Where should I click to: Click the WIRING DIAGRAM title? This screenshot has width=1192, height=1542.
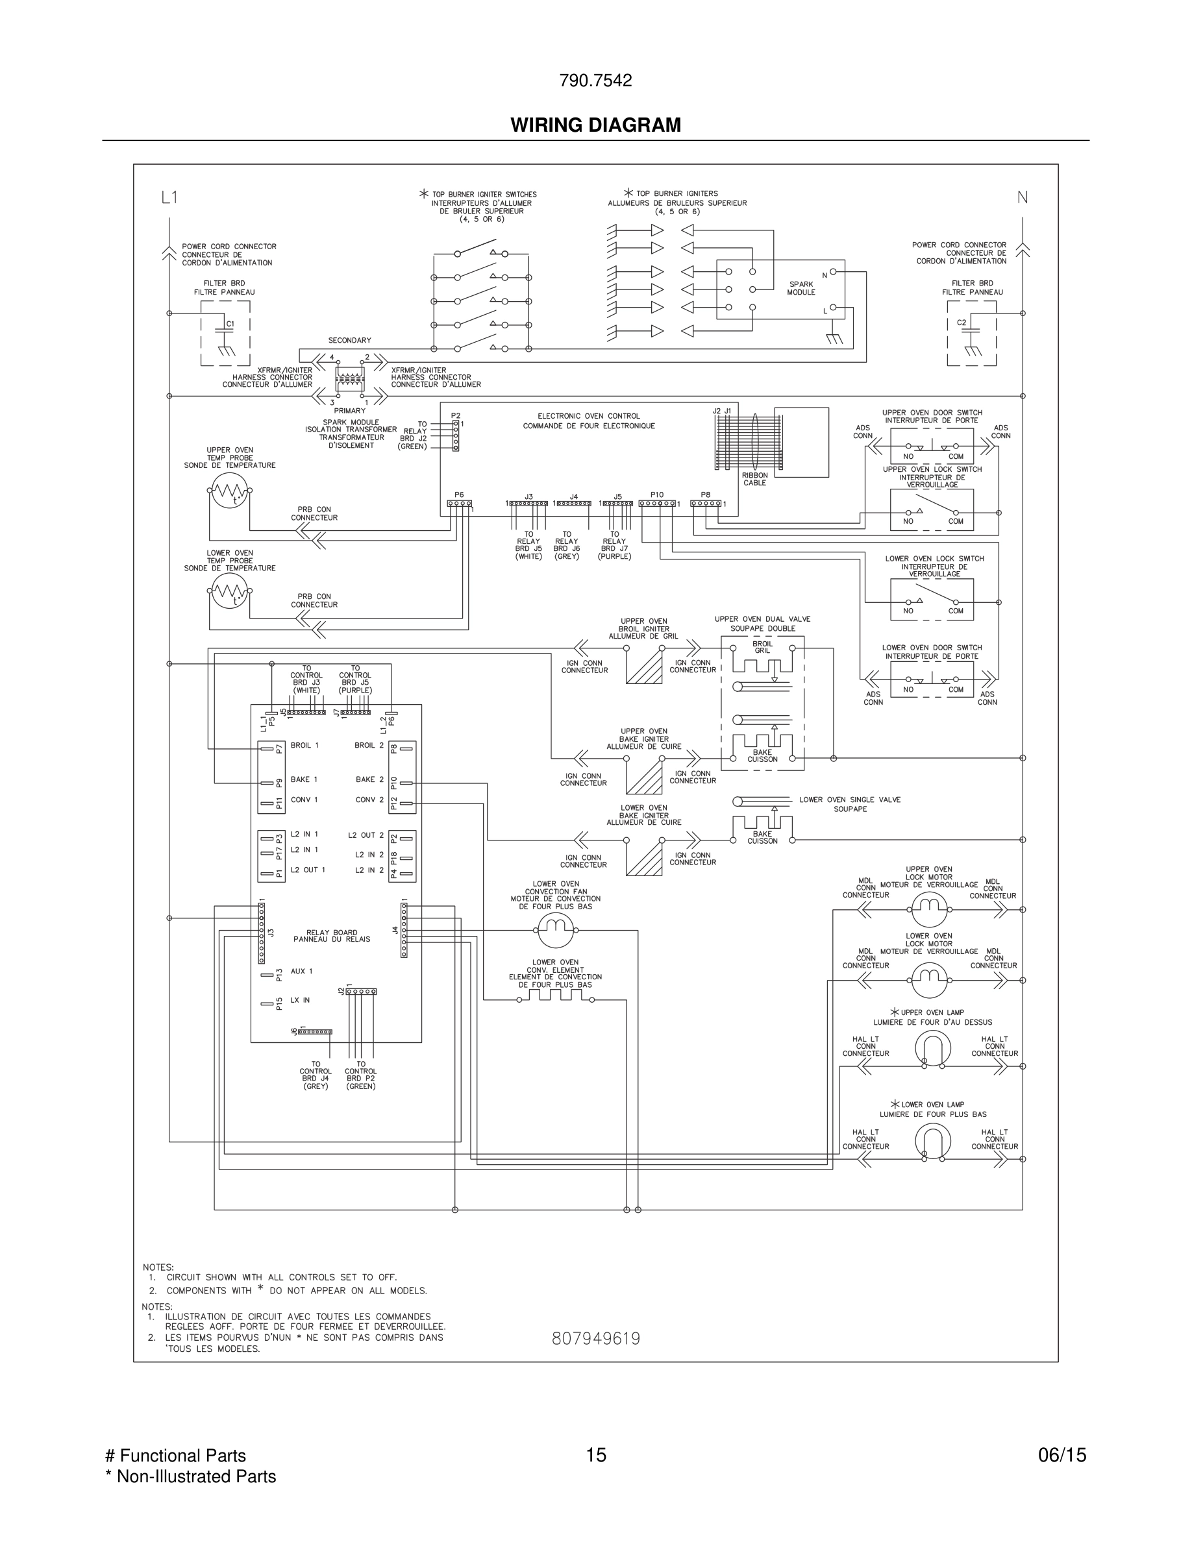pos(595,125)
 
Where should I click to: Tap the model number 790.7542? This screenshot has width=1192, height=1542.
pos(595,80)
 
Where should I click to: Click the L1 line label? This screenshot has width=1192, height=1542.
pos(169,198)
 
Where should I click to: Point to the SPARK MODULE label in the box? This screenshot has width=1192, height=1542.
pos(801,288)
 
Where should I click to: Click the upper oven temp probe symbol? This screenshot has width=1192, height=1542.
pos(229,490)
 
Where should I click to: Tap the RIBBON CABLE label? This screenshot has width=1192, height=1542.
pos(754,479)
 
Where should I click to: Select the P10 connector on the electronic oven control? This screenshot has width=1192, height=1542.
pos(657,504)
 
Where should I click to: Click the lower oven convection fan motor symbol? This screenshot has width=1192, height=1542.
pos(556,930)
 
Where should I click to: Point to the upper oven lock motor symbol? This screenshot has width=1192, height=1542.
pos(928,909)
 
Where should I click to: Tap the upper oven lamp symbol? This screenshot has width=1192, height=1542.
pos(933,1047)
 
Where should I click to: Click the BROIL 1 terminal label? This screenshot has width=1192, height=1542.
pos(304,745)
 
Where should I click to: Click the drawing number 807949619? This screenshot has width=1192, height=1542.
pos(595,1339)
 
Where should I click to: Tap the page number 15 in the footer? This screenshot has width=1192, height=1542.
pos(595,1454)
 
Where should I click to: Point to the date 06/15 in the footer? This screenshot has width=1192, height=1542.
pos(1062,1454)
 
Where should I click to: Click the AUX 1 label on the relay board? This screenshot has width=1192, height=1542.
pos(301,971)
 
